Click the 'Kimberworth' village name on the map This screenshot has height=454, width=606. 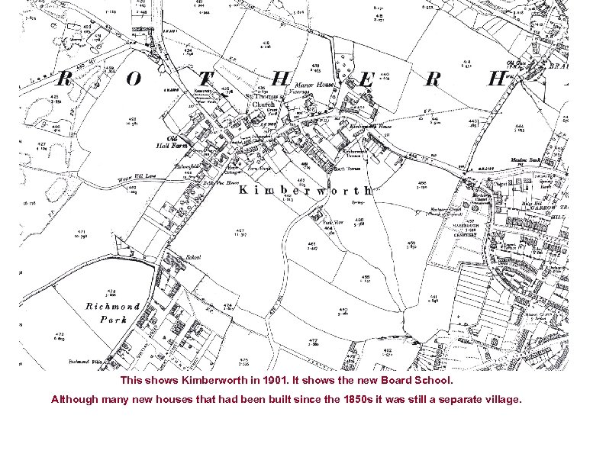(305, 190)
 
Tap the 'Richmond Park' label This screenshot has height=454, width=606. (113, 313)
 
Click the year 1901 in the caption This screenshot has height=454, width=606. (273, 380)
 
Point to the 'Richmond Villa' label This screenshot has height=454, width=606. (85, 361)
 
